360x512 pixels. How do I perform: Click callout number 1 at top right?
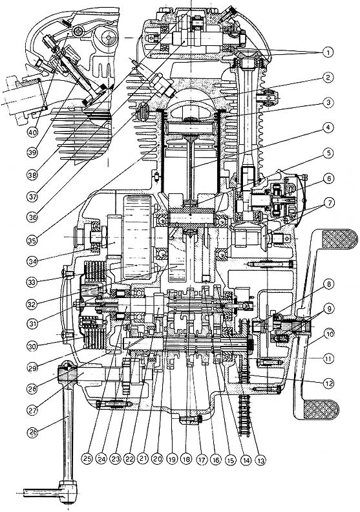point(328,52)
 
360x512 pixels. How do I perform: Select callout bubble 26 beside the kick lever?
point(32,432)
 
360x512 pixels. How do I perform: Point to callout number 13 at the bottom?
point(260,460)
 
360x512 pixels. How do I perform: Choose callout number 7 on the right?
point(328,203)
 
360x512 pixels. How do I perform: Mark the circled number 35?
point(32,240)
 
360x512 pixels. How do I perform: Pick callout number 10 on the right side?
point(328,334)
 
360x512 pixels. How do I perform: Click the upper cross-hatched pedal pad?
point(339,239)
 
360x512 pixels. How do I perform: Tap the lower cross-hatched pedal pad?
point(321,409)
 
